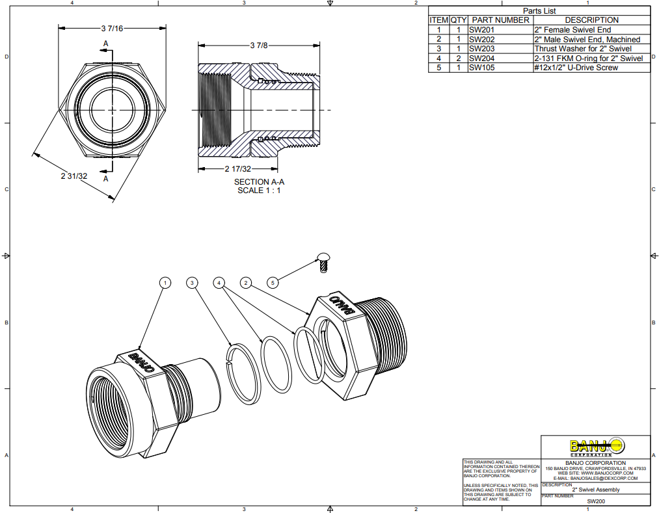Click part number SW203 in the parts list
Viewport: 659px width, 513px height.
481,49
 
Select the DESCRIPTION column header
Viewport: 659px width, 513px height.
591,20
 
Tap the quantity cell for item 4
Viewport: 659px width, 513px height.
458,59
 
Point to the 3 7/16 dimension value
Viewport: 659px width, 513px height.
112,29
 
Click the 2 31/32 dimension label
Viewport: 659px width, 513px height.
74,176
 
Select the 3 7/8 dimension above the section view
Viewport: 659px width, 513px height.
258,45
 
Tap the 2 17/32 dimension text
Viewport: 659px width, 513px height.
237,168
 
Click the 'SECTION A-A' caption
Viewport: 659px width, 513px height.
259,182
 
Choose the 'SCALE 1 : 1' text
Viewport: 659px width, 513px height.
259,191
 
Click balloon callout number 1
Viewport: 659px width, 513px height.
166,283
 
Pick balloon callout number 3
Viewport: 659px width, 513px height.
192,283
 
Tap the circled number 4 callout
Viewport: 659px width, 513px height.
219,283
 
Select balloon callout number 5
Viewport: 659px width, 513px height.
273,283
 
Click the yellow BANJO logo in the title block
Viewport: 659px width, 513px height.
596,447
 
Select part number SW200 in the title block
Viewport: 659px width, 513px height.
596,501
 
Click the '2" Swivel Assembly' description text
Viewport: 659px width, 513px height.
596,490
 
